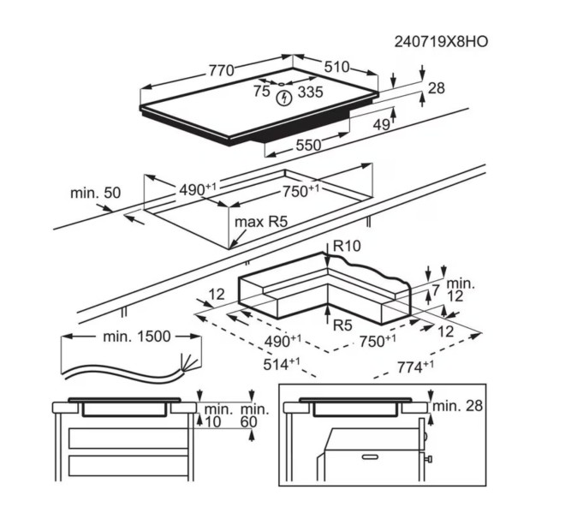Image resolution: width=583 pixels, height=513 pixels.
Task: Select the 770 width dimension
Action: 221,71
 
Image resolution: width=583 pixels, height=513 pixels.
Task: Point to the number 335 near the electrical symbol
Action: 310,92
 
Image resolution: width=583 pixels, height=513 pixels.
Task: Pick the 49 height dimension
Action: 381,125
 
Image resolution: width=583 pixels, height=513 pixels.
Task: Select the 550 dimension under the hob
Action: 308,146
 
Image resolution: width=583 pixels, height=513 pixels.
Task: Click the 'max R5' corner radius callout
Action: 260,222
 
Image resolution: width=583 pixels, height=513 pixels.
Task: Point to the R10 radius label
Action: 348,246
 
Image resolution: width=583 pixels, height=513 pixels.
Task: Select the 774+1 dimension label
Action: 413,367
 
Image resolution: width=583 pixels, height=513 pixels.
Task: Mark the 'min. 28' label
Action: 459,405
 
